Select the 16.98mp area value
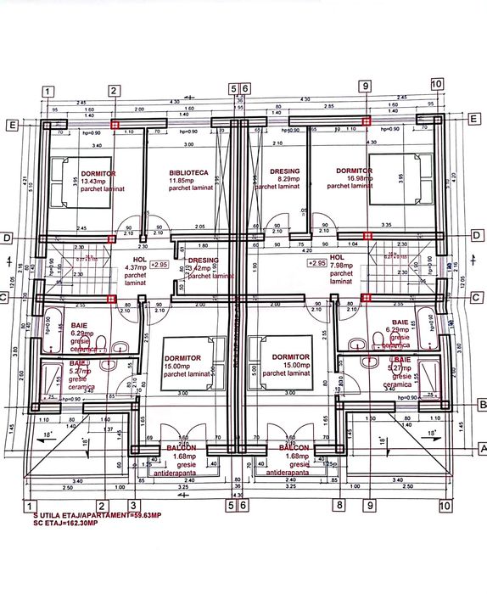click(353, 179)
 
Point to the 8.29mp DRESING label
click(284, 180)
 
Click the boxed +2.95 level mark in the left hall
click(159, 266)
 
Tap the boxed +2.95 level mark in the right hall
click(317, 264)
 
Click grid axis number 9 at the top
click(367, 85)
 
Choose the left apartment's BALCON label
click(181, 447)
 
